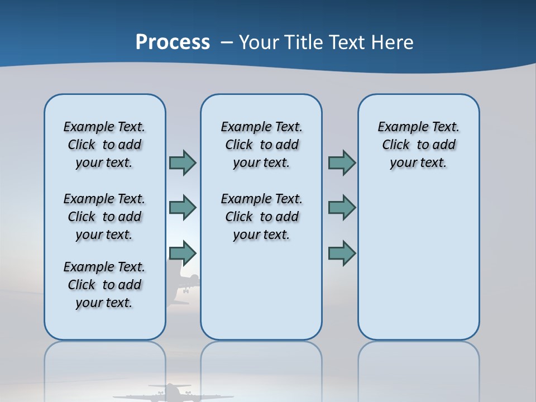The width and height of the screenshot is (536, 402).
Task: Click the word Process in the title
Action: pos(173,42)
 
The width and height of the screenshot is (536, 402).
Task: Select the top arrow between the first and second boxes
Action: pos(183,163)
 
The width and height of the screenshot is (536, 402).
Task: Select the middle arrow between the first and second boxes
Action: pos(183,208)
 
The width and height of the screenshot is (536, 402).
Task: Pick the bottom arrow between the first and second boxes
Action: pos(183,253)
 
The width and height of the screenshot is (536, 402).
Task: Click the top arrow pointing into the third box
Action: pos(342,163)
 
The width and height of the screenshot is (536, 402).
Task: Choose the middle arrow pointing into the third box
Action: pos(342,208)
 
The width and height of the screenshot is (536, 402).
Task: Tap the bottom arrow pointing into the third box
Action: pos(342,253)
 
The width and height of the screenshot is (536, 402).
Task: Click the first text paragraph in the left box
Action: pos(104,145)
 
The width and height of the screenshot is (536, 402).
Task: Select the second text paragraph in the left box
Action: pos(104,217)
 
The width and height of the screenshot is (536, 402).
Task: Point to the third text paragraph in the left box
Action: pos(104,285)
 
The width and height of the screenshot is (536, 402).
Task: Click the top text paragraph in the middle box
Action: pos(261,145)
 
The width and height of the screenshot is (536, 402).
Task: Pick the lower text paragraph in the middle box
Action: pos(261,217)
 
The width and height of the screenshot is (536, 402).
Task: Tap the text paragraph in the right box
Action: pos(418,145)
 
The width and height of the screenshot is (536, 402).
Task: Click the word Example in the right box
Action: pos(398,127)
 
